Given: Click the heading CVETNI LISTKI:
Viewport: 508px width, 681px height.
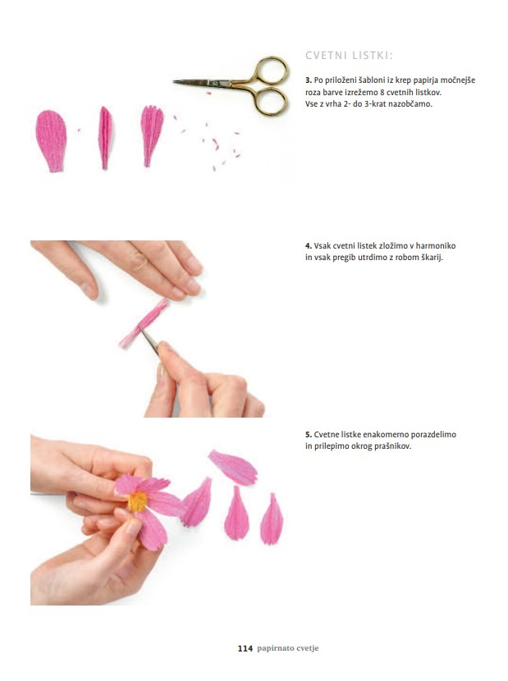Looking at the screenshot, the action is pos(349,56).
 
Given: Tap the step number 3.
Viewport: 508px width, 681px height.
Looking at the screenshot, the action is pos(309,80).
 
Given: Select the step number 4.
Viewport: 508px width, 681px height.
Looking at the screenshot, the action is pos(309,246).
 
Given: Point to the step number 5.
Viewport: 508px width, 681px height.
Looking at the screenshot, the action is pos(309,434).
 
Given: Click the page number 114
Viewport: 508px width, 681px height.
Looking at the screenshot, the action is pos(245,648).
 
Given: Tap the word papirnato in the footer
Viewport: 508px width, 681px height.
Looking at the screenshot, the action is pos(272,648).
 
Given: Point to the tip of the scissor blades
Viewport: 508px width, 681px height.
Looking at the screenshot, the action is pos(174,80).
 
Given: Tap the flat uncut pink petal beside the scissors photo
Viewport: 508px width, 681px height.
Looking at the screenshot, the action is pos(51,141).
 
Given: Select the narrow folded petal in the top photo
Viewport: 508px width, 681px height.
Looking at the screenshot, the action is pos(105,138).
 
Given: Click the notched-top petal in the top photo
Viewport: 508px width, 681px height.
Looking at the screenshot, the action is pos(152,135).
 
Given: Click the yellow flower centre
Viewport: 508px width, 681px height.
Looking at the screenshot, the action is pos(138,501).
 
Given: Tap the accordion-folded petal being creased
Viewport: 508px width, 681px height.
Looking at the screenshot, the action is pos(144,323).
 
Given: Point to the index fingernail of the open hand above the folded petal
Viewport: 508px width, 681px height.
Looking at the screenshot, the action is pos(90,291).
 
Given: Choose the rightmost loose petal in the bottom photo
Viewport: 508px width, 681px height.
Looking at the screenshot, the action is pos(272,519).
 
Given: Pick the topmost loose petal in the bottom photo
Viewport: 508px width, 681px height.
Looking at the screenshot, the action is pos(233,468).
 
